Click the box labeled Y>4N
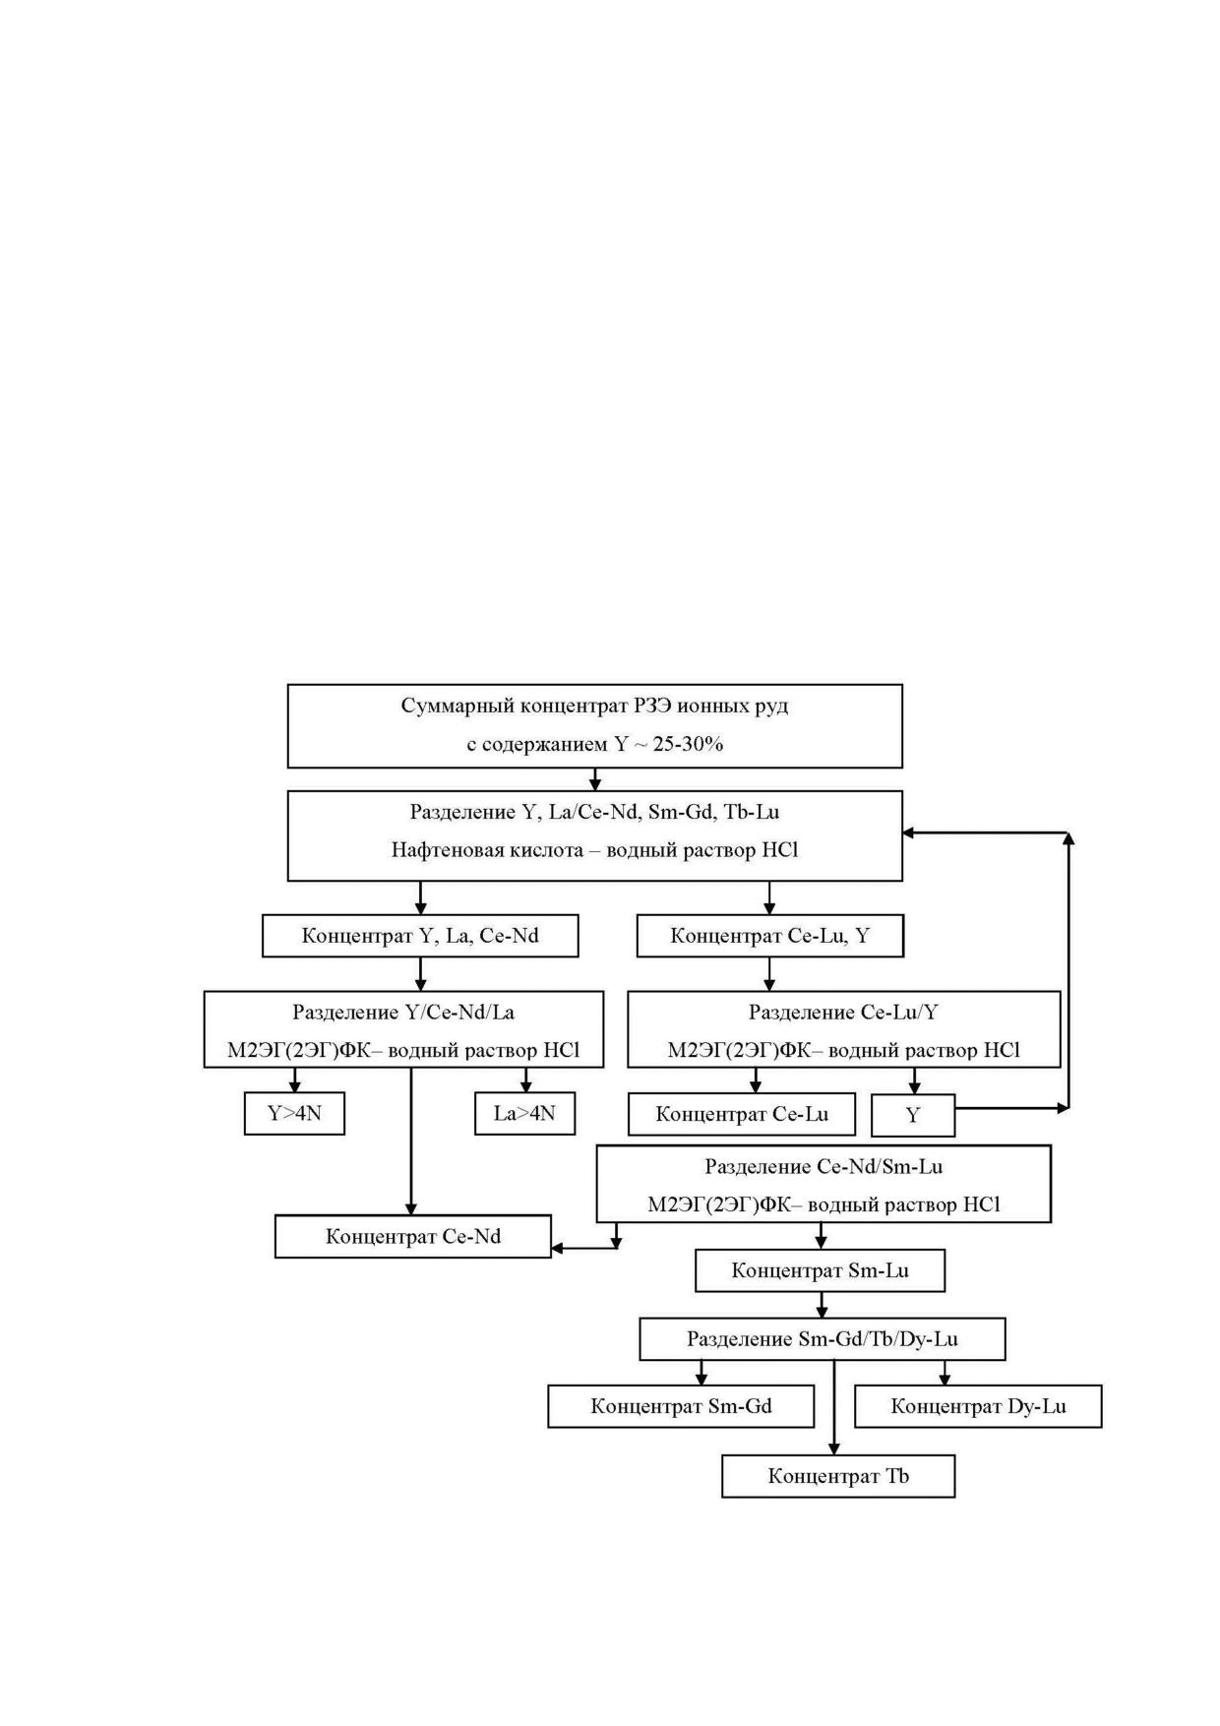pos(294,1113)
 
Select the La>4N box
pos(524,1113)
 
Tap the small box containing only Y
pos(913,1115)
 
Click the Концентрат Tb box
pos(838,1476)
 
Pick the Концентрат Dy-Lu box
pos(978,1406)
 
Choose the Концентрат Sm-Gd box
pos(681,1406)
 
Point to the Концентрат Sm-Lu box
pos(820,1270)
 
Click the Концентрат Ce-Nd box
pos(412,1236)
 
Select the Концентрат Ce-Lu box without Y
pos(742,1114)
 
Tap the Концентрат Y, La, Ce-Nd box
pos(420,935)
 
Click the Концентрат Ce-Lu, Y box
pos(769,935)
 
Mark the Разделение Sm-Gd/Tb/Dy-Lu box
pos(823,1338)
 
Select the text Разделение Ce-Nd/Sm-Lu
pos(823,1166)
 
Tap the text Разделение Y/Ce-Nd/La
pos(403,1012)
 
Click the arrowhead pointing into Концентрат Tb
pos(834,1449)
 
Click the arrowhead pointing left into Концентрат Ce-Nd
pos(558,1249)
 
